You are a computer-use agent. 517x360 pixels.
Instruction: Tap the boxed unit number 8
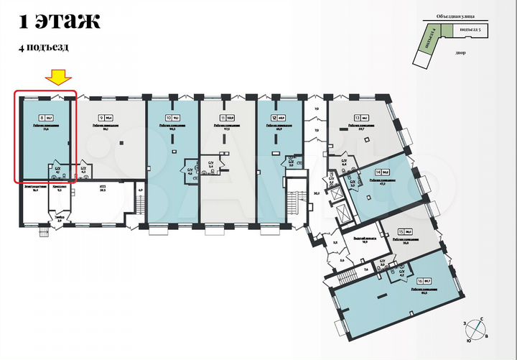point(43,115)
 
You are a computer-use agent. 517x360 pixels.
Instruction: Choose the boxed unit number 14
point(377,172)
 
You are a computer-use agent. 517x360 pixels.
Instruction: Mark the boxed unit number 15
point(401,232)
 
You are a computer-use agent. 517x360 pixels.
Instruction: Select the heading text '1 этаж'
point(59,22)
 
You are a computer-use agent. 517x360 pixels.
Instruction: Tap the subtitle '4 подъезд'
point(44,47)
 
